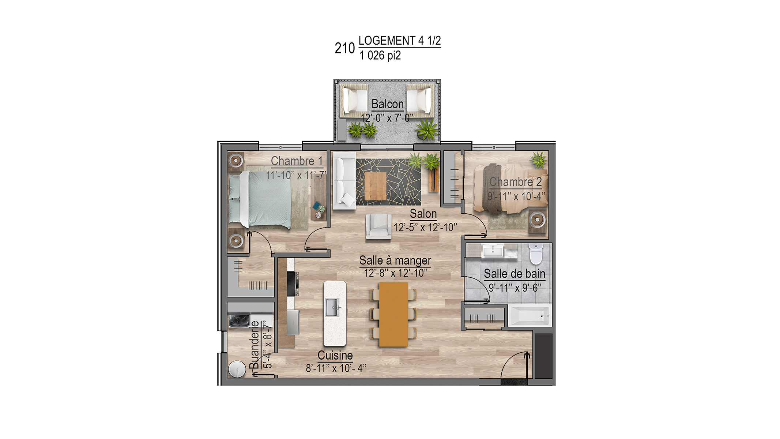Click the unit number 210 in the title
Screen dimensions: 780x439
(x=344, y=48)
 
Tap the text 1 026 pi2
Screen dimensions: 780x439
(x=380, y=56)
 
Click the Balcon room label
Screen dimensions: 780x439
(x=387, y=104)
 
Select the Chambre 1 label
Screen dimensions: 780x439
(x=297, y=161)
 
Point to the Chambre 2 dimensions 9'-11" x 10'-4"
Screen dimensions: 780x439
(x=516, y=196)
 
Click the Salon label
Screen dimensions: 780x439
(x=423, y=214)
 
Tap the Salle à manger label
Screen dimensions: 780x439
(x=395, y=260)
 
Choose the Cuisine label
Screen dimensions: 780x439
(x=335, y=355)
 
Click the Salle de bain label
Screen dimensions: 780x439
(x=515, y=274)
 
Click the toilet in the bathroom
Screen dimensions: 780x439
(x=536, y=254)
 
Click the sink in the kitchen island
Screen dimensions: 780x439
(x=333, y=307)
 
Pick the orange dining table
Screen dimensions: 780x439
(x=393, y=315)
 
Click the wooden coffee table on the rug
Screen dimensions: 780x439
(x=376, y=186)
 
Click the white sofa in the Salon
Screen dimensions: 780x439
(x=344, y=181)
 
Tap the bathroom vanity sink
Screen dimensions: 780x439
(x=493, y=252)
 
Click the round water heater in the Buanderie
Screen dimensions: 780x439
(x=237, y=369)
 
